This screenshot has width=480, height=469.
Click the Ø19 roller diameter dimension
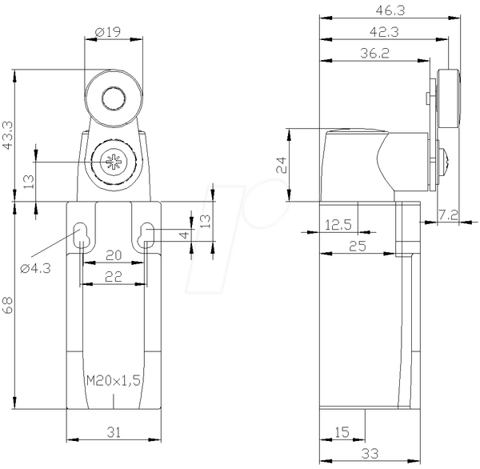108,31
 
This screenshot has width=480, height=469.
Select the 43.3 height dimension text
8,135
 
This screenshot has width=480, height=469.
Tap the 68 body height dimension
8,305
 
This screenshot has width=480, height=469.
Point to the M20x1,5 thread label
114,381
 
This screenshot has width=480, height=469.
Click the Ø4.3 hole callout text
35,269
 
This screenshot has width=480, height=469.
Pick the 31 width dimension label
114,432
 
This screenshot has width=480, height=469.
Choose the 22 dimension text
114,277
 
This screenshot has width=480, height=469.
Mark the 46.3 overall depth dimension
390,10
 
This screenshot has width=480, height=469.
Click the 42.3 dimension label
384,32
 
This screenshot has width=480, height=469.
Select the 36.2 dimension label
374,53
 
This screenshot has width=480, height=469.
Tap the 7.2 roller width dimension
448,215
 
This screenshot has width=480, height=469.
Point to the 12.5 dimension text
338,225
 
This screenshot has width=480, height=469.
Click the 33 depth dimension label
370,453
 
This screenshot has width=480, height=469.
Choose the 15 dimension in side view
342,432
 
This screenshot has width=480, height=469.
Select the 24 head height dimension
282,165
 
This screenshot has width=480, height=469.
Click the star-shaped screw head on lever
113,162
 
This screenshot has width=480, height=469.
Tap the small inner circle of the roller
114,98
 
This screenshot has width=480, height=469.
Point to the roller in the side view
449,98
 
